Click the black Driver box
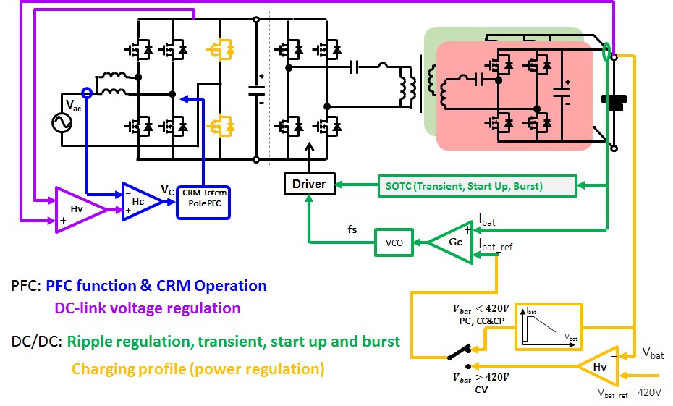(308, 184)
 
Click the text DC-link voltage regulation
(148, 308)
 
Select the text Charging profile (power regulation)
(198, 369)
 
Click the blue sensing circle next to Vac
(87, 93)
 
